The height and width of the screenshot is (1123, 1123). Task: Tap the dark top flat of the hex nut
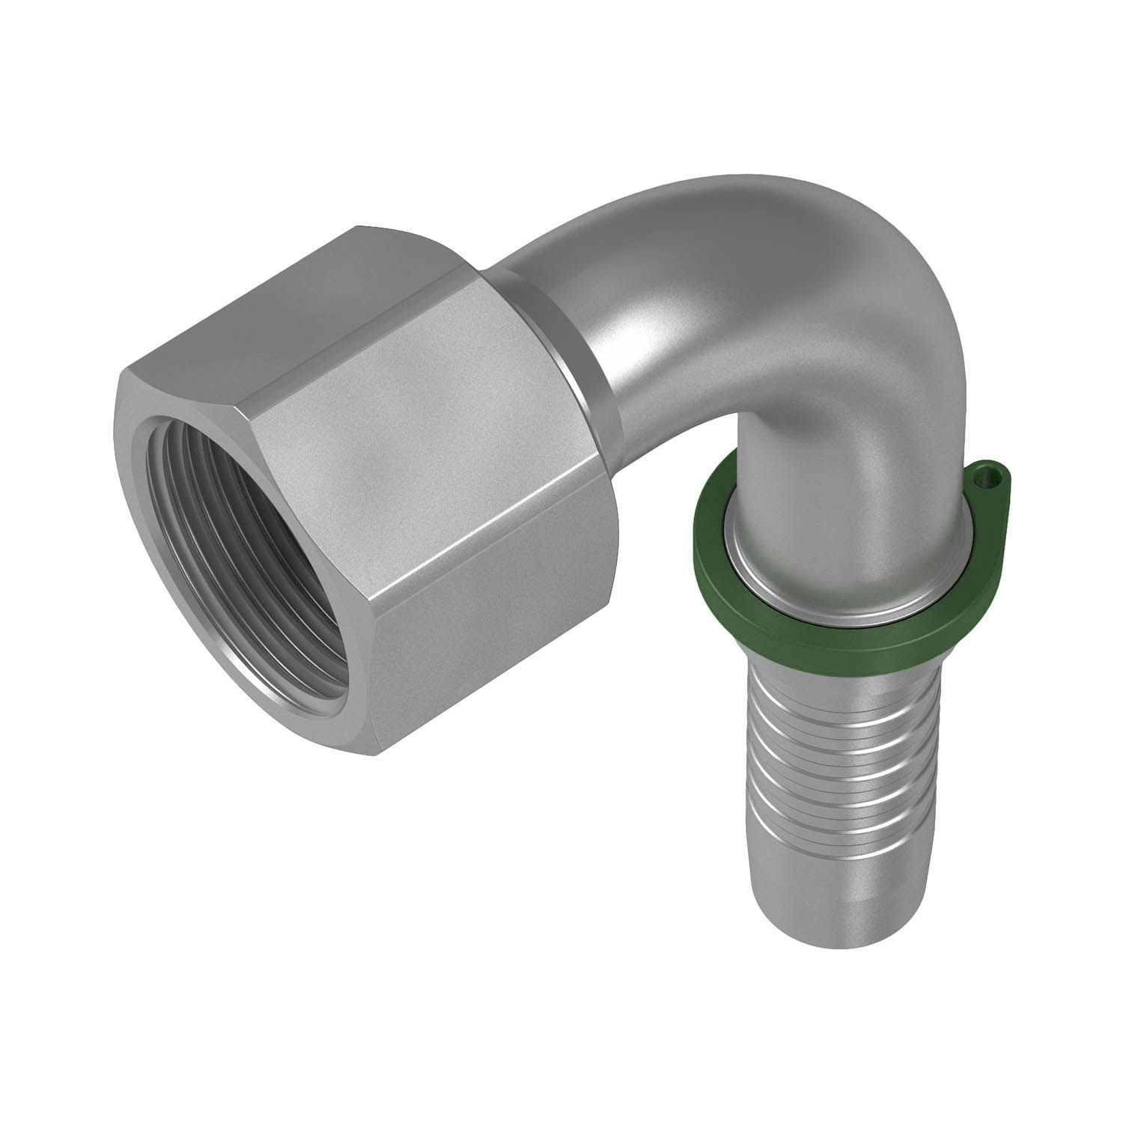299,299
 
